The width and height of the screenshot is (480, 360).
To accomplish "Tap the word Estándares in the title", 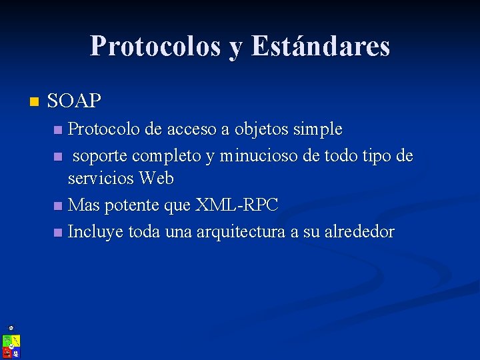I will pyautogui.click(x=321, y=46).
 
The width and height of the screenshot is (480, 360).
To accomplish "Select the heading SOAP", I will pyautogui.click(x=75, y=101).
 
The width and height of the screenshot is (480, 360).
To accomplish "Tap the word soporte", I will pyautogui.click(x=100, y=156).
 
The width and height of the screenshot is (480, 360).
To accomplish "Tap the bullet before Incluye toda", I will pyautogui.click(x=58, y=233).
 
